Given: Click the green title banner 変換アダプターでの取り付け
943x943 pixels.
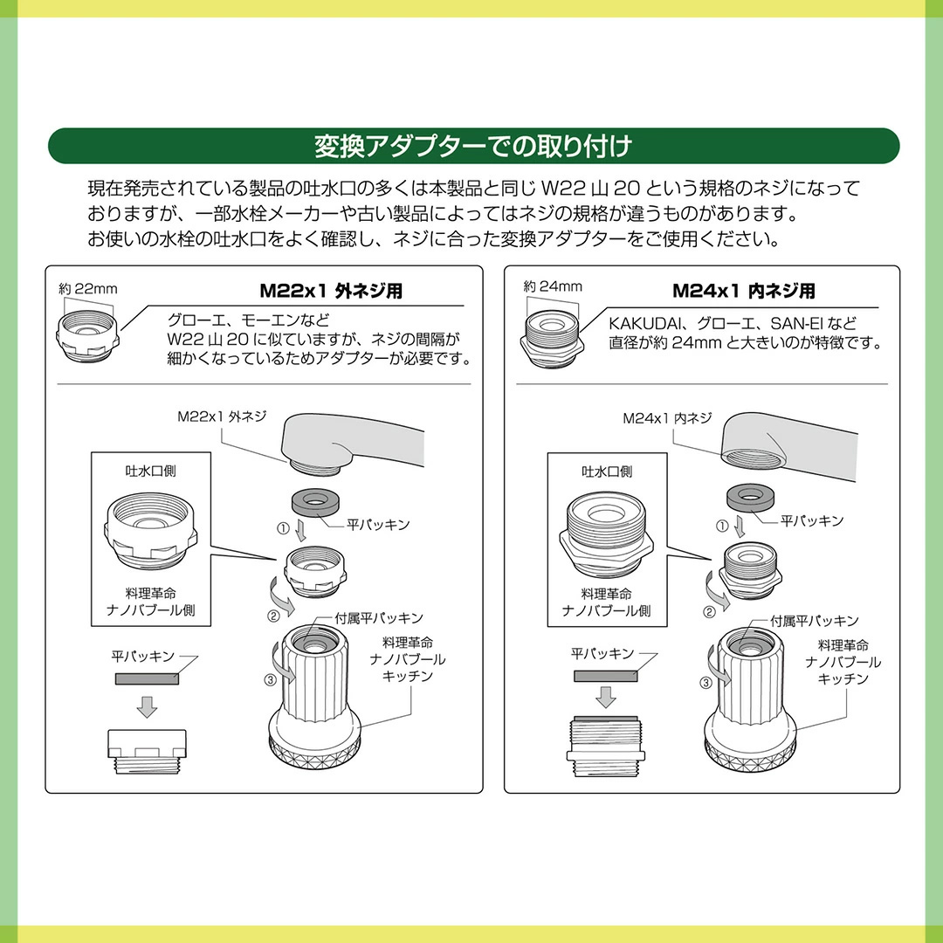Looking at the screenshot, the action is [473, 146].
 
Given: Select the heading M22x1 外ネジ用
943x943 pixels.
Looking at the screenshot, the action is [331, 291].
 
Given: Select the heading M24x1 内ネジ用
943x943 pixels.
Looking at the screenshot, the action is [744, 291].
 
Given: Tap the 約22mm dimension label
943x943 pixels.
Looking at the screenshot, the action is [88, 289].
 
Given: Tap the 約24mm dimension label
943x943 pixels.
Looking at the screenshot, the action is [553, 286].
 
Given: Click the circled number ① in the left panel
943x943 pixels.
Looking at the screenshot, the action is [283, 528].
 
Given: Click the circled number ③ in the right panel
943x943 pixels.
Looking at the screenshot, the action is [706, 683].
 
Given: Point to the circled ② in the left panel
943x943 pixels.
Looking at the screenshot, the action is [273, 616].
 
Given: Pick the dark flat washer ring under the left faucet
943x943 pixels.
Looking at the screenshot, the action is [315, 501].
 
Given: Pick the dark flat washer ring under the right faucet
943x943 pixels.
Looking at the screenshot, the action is [750, 498].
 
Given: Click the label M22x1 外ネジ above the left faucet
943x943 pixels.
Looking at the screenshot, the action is [222, 416].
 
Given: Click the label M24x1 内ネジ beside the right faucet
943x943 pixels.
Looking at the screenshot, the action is [667, 418].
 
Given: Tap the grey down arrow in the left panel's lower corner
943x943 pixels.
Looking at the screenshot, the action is [147, 707].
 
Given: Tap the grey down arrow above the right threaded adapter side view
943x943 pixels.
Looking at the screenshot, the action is [606, 697].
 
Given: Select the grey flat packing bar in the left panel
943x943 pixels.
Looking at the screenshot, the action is [147, 679].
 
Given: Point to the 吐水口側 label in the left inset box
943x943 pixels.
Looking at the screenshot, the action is [150, 471].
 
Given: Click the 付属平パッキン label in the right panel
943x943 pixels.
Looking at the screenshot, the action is [815, 621].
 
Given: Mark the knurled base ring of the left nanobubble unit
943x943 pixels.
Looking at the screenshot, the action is [315, 751].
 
